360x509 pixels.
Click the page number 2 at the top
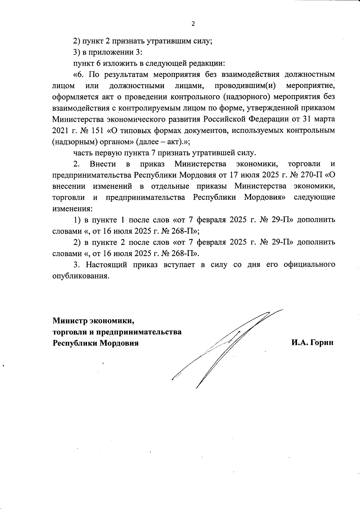pyautogui.click(x=193, y=24)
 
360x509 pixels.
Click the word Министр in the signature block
pyautogui.click(x=70, y=321)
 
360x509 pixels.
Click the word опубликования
pyautogui.click(x=80, y=276)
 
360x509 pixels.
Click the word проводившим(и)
pyautogui.click(x=245, y=86)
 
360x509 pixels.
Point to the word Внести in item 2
pyautogui.click(x=103, y=164)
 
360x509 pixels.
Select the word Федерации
pyautogui.click(x=269, y=119)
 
